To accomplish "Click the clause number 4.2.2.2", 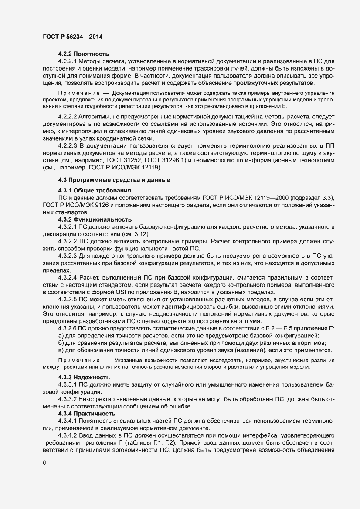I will pos(68,117).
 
